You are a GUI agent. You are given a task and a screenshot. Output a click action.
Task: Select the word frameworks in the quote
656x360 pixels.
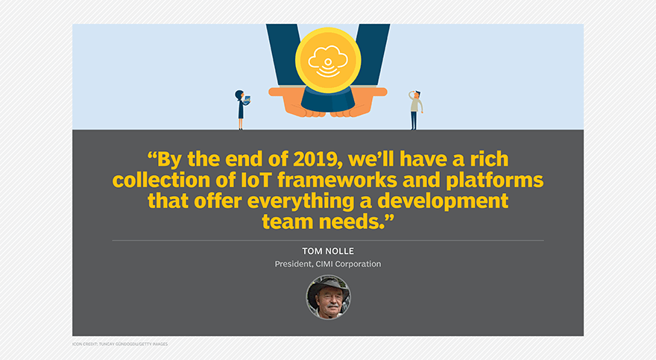(337, 180)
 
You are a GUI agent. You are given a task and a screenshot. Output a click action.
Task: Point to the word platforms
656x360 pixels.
(494, 181)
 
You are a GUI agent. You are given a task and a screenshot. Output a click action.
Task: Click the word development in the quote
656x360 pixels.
(443, 201)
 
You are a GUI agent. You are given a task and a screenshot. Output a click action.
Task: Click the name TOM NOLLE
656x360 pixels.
(328, 251)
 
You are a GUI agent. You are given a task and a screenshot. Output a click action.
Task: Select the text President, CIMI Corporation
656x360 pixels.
(328, 264)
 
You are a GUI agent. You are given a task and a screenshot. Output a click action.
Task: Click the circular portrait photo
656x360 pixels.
(328, 297)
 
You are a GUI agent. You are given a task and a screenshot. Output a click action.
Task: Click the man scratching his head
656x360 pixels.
(415, 110)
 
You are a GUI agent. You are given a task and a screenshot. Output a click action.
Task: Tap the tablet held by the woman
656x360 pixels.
(247, 99)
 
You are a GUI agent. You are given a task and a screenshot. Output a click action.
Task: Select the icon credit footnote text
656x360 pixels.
(120, 344)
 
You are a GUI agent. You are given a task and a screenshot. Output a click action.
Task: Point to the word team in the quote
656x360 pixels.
(288, 221)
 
